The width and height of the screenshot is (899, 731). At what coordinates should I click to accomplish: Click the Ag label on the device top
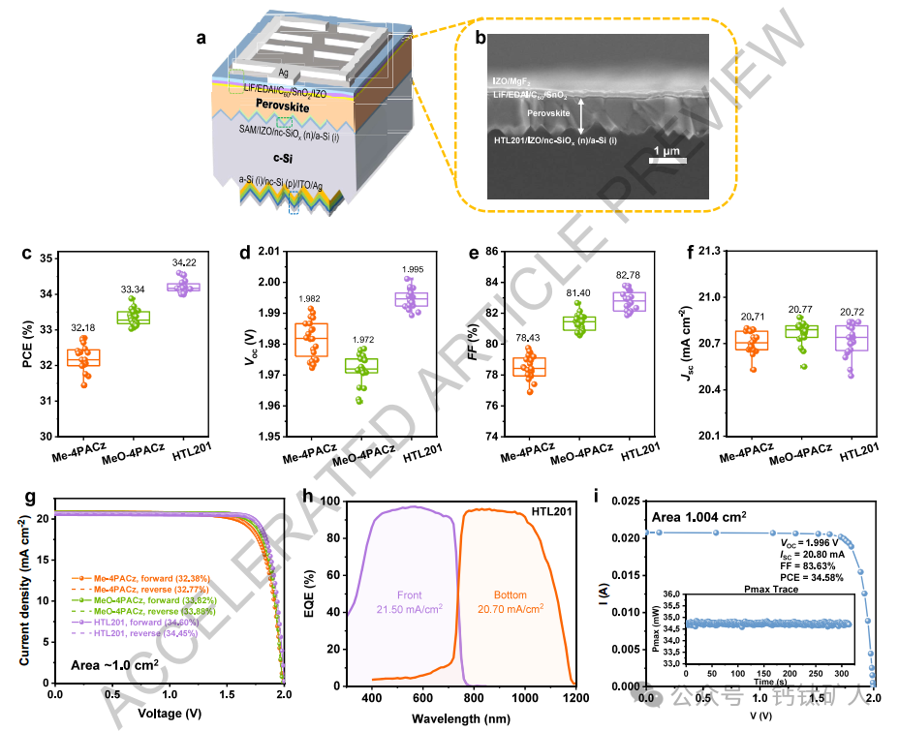(284, 73)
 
